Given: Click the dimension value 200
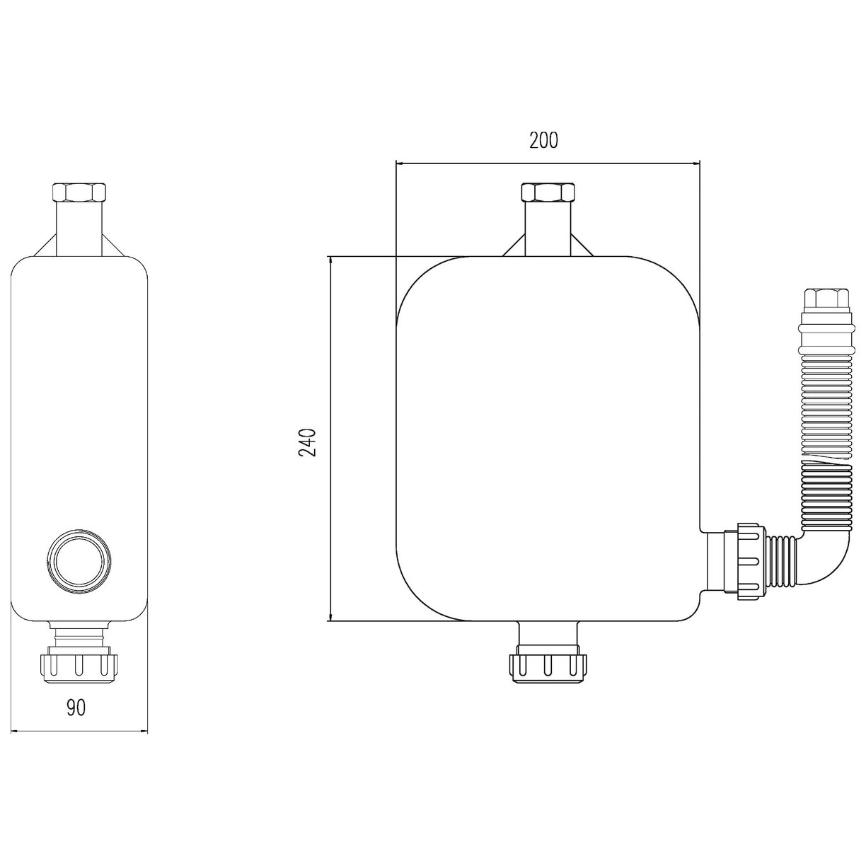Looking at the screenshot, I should [x=543, y=141].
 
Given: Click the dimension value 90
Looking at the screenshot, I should [x=76, y=708].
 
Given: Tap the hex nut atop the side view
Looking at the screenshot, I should [x=80, y=193].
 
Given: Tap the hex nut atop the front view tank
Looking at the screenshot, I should [x=547, y=193].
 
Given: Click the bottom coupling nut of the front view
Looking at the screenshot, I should [x=547, y=666].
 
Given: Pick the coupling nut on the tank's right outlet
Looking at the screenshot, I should [x=749, y=562].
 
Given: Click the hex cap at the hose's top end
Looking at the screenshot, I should [x=826, y=300].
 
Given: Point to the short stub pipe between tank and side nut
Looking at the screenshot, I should [x=718, y=562].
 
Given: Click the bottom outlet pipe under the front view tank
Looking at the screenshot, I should [x=547, y=634].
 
